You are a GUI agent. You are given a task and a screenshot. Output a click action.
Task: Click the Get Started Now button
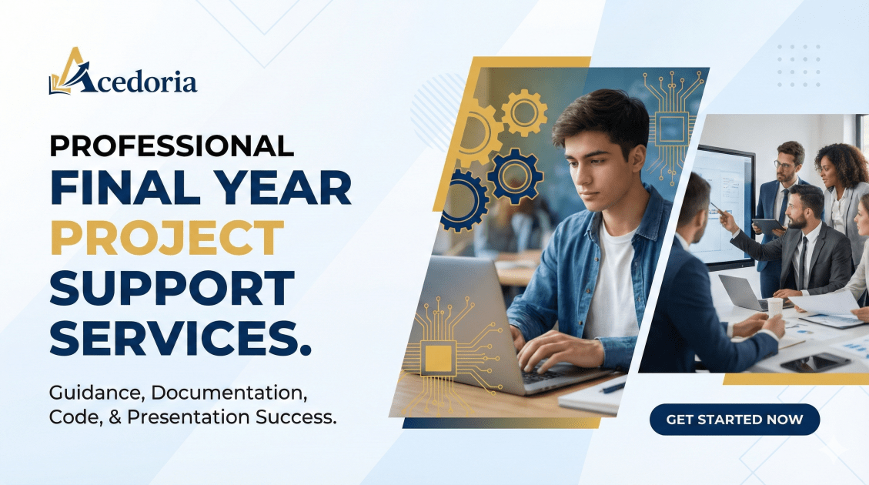[x=734, y=420]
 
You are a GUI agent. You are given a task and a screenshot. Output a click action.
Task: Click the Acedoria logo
[x=122, y=72]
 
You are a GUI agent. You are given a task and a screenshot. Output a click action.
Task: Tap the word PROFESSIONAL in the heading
[x=172, y=145]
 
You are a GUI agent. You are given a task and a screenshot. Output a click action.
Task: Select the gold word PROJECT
[x=167, y=238]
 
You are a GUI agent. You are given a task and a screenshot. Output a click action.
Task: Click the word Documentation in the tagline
[x=229, y=393]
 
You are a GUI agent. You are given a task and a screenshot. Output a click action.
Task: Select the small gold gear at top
[x=524, y=113]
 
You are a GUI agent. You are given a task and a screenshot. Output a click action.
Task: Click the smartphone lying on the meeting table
[x=814, y=363]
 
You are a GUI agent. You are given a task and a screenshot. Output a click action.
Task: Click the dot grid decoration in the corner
[x=799, y=66]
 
